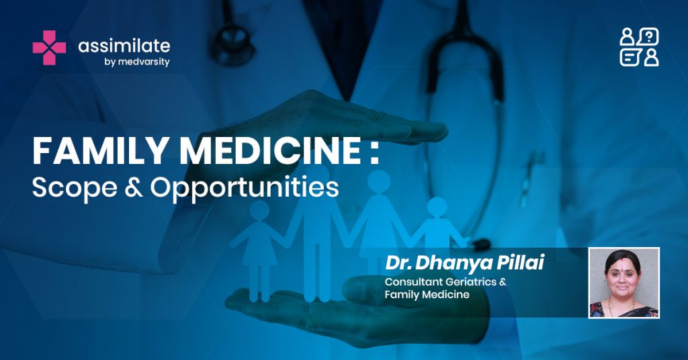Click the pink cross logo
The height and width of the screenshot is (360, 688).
pyautogui.click(x=49, y=48)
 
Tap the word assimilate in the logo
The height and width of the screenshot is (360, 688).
pyautogui.click(x=124, y=46)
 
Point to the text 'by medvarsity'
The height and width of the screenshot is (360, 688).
pyautogui.click(x=137, y=62)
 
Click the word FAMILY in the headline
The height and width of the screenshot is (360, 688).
pyautogui.click(x=101, y=151)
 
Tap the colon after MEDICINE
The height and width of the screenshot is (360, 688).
pyautogui.click(x=374, y=153)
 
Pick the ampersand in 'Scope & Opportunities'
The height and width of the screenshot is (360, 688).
pyautogui.click(x=134, y=187)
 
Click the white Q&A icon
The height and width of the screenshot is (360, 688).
pyautogui.click(x=640, y=47)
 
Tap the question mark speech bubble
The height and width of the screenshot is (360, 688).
pyautogui.click(x=648, y=37)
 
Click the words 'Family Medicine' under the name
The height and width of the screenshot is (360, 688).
pyautogui.click(x=427, y=295)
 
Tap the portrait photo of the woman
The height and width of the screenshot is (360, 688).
pyautogui.click(x=624, y=282)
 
